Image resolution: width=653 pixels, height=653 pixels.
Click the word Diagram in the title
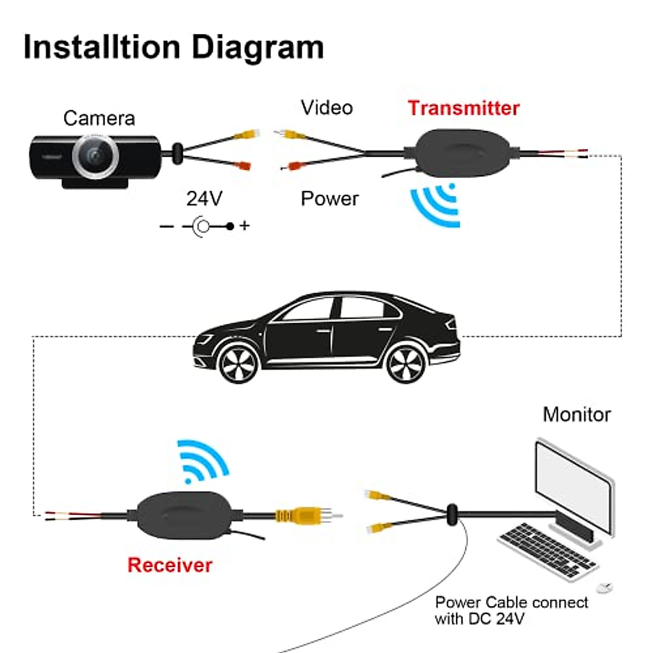coord(257,48)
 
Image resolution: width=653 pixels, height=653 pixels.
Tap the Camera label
coord(99,118)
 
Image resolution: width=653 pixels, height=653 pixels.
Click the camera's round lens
coord(96,155)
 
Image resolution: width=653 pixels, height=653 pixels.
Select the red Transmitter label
coord(464,108)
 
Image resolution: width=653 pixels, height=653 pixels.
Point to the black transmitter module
coord(463,152)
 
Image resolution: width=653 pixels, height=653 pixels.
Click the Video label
coord(326,108)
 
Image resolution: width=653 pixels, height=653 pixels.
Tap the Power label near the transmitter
coord(329,199)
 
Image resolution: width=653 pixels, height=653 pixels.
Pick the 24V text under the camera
coord(204,199)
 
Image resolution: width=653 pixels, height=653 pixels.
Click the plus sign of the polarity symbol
coord(245,225)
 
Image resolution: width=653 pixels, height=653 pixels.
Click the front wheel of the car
coord(238,363)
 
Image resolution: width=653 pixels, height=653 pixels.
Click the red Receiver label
coord(169,565)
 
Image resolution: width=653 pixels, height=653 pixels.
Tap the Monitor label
coord(577,415)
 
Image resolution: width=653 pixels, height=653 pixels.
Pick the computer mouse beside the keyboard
coord(604,587)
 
